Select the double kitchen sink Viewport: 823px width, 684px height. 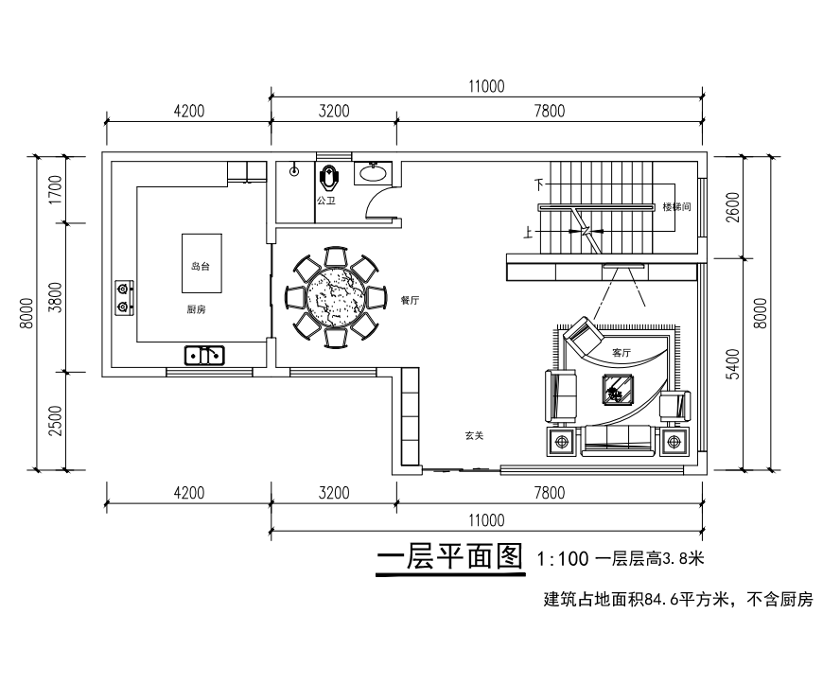coord(205,355)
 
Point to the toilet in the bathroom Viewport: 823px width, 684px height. coord(328,177)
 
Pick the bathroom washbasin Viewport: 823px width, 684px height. coord(374,172)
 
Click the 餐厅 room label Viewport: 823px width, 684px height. coord(410,299)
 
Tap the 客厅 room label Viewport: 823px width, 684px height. coord(621,352)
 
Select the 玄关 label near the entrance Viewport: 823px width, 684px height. coord(474,436)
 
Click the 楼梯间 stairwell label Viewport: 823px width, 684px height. coord(674,206)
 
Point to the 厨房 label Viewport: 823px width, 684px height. coord(196,309)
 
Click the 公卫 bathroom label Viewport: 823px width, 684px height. coord(325,202)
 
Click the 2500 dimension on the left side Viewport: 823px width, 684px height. coord(54,421)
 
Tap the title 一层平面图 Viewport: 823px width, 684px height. coord(449,558)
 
